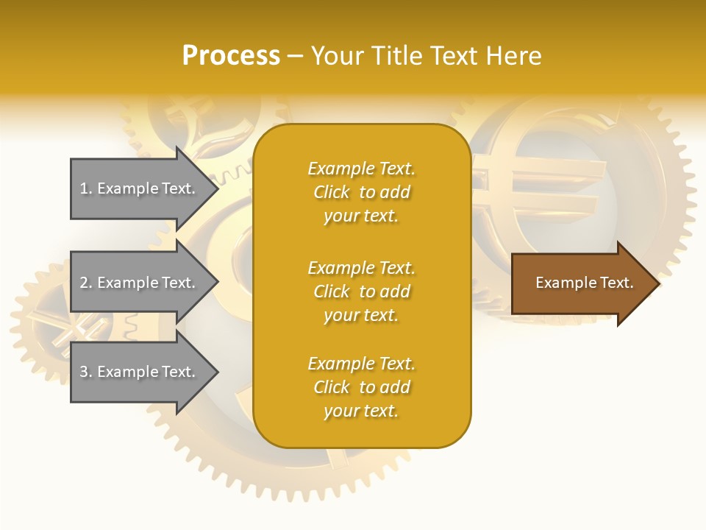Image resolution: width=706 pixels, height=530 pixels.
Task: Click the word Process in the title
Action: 231,56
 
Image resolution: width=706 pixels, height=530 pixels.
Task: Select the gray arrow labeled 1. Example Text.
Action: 140,188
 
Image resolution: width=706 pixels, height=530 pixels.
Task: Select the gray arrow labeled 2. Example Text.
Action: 140,283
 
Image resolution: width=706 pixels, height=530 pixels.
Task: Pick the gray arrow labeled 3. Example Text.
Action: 140,372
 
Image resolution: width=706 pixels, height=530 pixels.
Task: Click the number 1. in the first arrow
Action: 86,188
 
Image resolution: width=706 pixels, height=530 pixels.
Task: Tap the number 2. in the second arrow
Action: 86,283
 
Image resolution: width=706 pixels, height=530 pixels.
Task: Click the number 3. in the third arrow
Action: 86,372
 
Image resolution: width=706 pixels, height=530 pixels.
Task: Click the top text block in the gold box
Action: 361,192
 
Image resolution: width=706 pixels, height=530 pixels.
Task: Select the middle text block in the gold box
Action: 361,291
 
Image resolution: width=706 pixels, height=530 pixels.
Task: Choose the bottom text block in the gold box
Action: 361,387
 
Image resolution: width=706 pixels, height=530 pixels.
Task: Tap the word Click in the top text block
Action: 331,192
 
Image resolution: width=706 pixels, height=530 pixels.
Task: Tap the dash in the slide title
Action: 295,56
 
